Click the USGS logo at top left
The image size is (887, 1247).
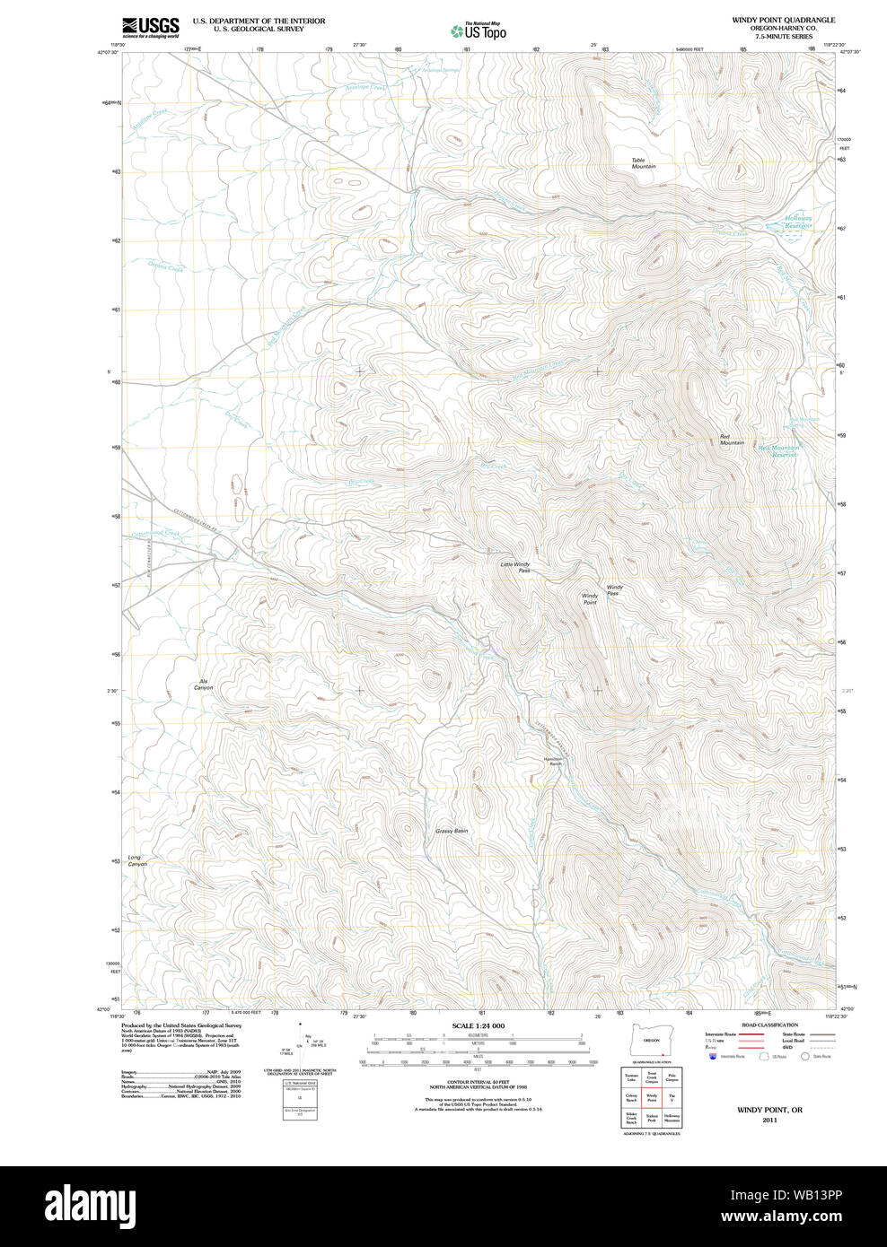click(150, 26)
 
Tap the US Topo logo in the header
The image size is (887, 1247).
click(479, 31)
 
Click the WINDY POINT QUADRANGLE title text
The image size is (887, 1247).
click(770, 20)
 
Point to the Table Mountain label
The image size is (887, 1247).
click(643, 163)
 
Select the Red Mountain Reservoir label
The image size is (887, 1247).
click(777, 451)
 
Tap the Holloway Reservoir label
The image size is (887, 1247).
click(798, 222)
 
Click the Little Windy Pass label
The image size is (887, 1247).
click(515, 567)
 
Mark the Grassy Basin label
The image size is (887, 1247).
click(452, 831)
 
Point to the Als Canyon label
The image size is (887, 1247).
click(203, 685)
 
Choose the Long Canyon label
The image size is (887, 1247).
click(136, 860)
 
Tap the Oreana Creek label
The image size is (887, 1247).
click(165, 266)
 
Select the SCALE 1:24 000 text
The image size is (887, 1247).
click(479, 1025)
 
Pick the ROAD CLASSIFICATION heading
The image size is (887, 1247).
click(769, 1025)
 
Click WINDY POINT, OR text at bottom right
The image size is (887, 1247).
click(769, 1110)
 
